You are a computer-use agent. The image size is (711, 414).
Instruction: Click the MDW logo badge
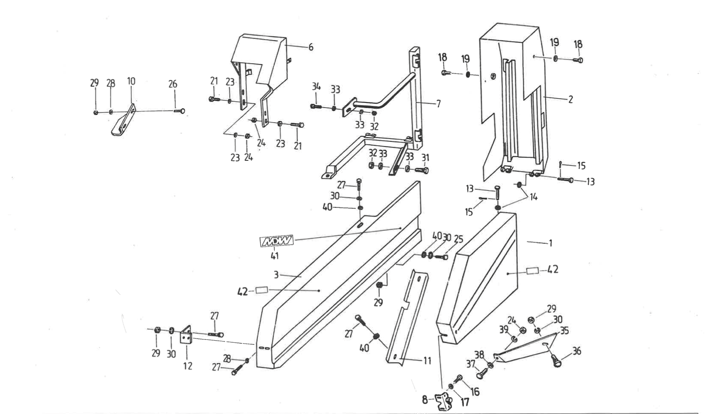276,242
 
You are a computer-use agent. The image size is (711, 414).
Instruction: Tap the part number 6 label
311,47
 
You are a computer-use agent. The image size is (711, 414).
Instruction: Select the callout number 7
438,104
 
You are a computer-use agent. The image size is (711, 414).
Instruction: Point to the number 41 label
275,256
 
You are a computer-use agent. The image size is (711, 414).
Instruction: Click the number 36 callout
577,351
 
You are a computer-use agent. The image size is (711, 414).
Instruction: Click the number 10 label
131,81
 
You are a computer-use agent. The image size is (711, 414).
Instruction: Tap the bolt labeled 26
179,111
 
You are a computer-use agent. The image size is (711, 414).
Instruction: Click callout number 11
427,361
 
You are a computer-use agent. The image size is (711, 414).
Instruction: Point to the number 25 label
458,239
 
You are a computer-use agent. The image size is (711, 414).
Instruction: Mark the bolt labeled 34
316,106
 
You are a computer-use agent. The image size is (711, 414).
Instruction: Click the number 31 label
425,158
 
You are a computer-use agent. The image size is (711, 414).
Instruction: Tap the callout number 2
570,100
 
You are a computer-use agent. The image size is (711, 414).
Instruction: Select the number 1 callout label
550,243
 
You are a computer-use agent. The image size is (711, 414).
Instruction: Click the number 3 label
276,275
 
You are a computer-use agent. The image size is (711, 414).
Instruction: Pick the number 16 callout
475,391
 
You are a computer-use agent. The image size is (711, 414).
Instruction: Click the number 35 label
565,330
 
